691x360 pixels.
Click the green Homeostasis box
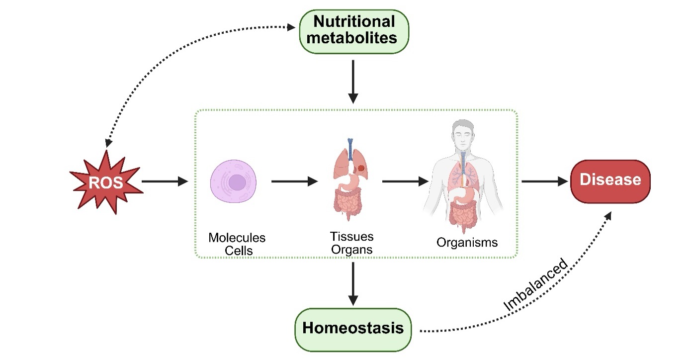pyautogui.click(x=353, y=329)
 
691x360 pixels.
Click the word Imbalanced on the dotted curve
pyautogui.click(x=535, y=285)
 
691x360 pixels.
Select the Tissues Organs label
pyautogui.click(x=351, y=242)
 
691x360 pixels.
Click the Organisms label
pyautogui.click(x=467, y=242)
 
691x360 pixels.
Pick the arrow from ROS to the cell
pyautogui.click(x=165, y=181)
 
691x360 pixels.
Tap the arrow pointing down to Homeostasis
pyautogui.click(x=352, y=283)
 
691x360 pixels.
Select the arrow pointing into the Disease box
pyautogui.click(x=544, y=181)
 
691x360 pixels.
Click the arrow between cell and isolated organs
pyautogui.click(x=294, y=181)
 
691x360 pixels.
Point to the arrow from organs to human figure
pyautogui.click(x=405, y=181)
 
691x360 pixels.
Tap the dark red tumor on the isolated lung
pyautogui.click(x=361, y=169)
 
